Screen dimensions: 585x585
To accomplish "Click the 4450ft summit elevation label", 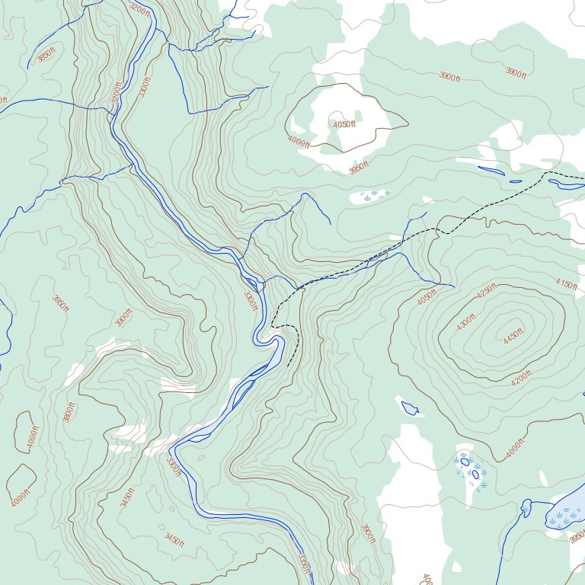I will (x=515, y=336).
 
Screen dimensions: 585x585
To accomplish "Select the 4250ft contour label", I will (x=486, y=291).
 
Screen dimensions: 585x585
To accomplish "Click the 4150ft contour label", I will (x=566, y=283).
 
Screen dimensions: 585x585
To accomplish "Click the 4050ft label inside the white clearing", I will (x=344, y=124).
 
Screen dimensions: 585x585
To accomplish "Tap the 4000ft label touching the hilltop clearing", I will (x=299, y=141).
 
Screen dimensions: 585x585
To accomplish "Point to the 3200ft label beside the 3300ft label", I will (x=117, y=95).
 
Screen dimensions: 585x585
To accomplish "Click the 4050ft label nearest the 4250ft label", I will (x=427, y=296).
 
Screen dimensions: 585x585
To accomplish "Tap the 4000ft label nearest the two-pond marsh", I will (x=516, y=450).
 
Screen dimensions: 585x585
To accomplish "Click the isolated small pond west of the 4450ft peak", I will (x=411, y=408).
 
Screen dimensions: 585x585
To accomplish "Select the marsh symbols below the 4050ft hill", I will (x=374, y=196).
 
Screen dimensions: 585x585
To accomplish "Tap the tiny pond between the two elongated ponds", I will (x=516, y=181).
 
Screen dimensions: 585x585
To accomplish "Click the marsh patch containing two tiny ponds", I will (x=471, y=468).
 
